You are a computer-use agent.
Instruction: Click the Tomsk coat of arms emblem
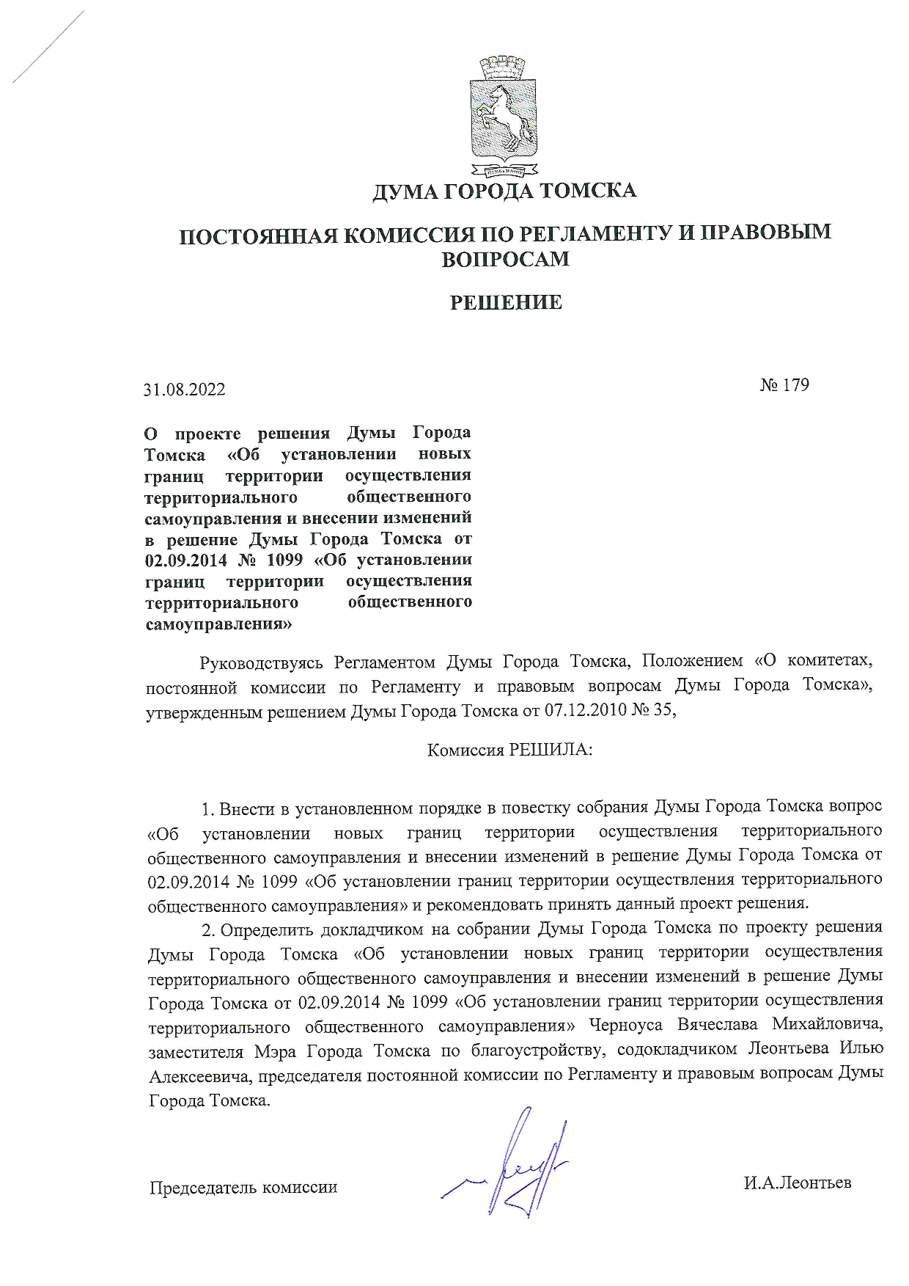pyautogui.click(x=504, y=117)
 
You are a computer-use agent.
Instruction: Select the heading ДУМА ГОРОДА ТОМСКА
pyautogui.click(x=504, y=192)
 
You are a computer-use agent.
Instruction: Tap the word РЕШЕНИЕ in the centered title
pyautogui.click(x=505, y=302)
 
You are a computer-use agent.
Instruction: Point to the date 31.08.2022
pyautogui.click(x=185, y=390)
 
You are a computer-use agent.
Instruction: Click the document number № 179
pyautogui.click(x=784, y=385)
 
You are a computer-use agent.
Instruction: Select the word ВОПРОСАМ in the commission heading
pyautogui.click(x=505, y=259)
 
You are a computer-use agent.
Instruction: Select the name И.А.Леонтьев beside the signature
pyautogui.click(x=797, y=1183)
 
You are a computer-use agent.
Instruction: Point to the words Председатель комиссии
pyautogui.click(x=243, y=1187)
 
